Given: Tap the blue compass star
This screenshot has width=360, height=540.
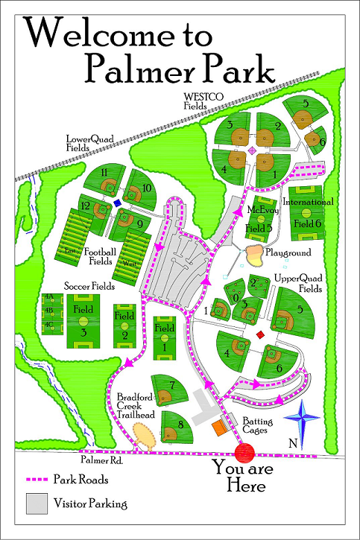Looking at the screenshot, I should (306, 421).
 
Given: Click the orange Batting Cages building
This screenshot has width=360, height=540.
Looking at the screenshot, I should (218, 428).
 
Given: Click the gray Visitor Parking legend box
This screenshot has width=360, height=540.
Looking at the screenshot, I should (37, 504).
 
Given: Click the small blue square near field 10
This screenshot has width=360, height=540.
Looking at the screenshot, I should (118, 203).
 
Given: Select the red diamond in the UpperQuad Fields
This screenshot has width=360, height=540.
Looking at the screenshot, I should (260, 336).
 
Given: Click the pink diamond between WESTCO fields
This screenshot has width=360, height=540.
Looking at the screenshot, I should (252, 151).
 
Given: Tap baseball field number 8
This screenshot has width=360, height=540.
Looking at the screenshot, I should (175, 428).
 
